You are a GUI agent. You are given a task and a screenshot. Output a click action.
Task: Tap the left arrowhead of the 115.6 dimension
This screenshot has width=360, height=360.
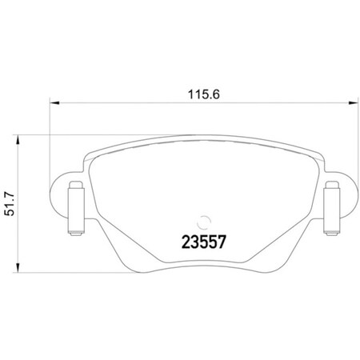[x=55, y=102]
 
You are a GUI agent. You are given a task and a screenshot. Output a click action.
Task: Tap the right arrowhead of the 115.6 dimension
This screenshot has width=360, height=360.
[x=352, y=102]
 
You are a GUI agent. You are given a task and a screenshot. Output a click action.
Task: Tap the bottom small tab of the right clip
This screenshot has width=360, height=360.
[x=330, y=233]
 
